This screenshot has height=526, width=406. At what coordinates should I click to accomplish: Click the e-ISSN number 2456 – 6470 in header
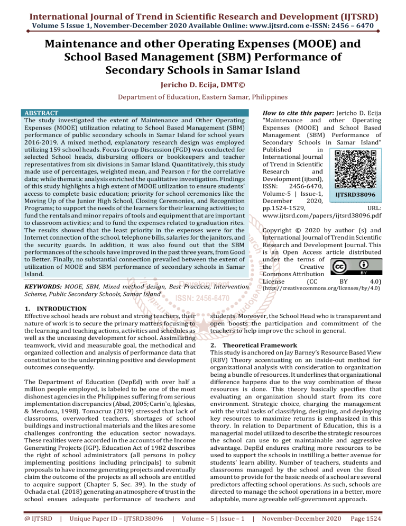tap(358, 23)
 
